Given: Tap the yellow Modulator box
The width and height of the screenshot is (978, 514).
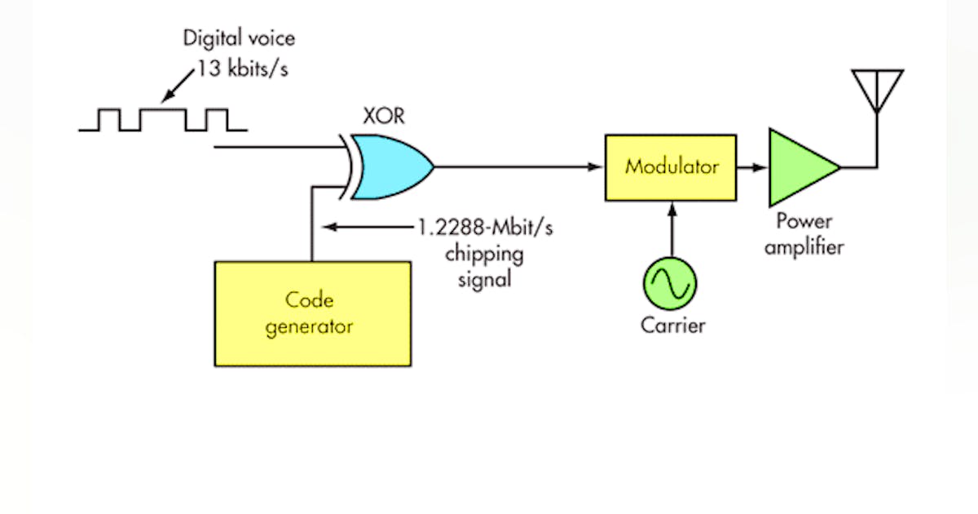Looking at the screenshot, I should click(671, 167).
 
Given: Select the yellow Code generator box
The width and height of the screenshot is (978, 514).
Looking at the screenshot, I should click(312, 313).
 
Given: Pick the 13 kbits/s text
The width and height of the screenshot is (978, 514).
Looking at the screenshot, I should click(243, 69).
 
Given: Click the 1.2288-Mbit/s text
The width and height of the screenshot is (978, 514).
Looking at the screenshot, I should click(486, 228).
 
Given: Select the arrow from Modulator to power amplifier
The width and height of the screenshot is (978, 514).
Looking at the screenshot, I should click(752, 167).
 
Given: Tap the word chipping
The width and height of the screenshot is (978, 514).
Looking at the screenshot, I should click(484, 254).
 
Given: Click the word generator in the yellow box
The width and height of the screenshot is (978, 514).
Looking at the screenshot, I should click(311, 327).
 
